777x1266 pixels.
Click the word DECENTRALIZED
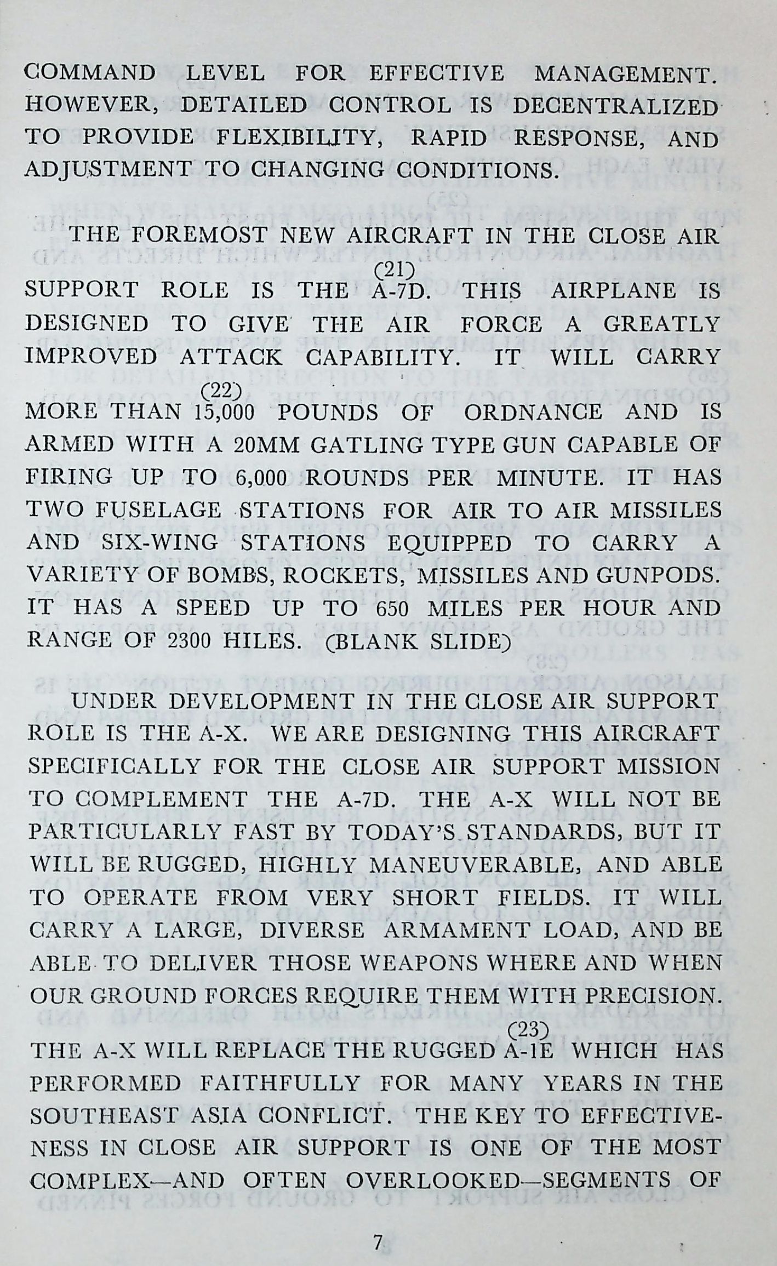[x=615, y=106]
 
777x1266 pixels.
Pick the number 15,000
[x=224, y=413]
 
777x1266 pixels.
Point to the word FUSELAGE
[x=158, y=511]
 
